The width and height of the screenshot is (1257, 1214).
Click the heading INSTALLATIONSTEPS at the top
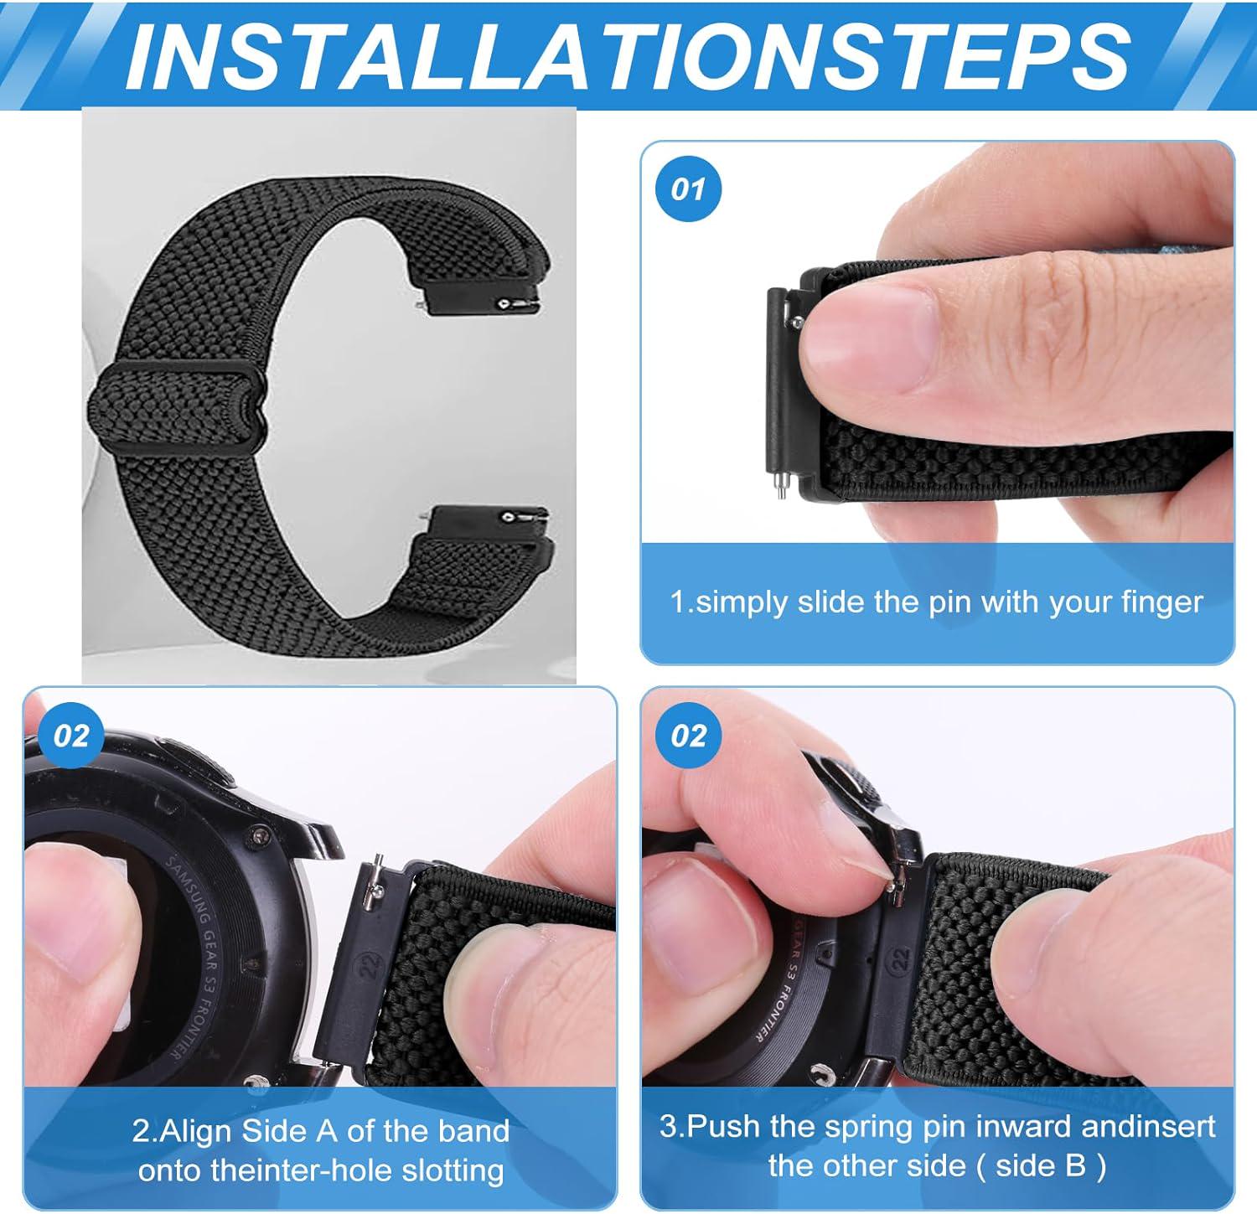click(x=628, y=54)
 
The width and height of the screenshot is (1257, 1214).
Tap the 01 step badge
click(x=688, y=189)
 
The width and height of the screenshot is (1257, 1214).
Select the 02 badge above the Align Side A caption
click(x=71, y=736)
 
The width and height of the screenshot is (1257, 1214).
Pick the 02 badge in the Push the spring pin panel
click(x=688, y=736)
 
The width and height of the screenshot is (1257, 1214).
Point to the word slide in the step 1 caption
click(x=834, y=602)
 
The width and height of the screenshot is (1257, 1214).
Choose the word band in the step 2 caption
click(x=473, y=1132)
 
